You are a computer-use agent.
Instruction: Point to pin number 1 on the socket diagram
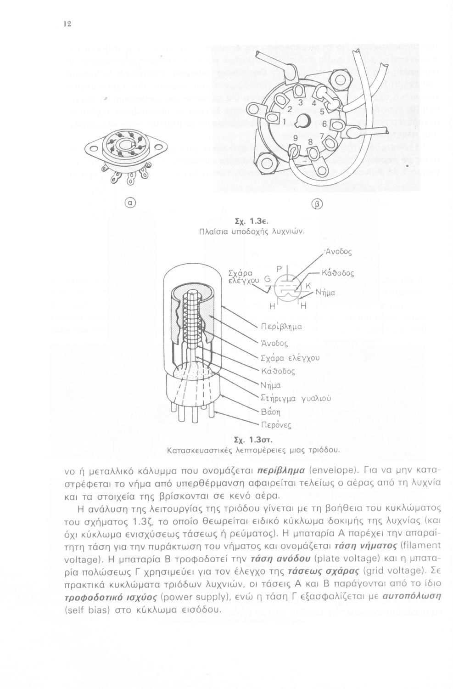click(x=284, y=122)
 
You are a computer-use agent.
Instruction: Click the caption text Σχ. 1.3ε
click(x=241, y=221)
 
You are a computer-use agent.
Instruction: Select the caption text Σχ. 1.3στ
click(x=241, y=441)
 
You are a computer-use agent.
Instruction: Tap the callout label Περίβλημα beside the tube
click(x=281, y=327)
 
